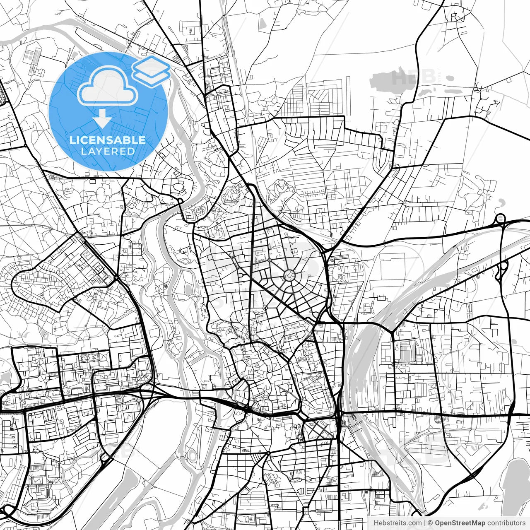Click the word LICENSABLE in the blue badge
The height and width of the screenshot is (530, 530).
108,140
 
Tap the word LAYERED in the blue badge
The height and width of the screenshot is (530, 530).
108,151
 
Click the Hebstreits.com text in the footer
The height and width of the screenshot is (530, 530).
397,523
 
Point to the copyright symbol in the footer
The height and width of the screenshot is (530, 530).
430,523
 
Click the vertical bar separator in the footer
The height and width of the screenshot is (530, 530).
425,523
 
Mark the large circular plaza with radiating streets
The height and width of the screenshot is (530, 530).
289,275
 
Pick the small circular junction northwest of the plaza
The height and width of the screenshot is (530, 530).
269,260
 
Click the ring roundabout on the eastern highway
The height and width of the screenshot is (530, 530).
500,218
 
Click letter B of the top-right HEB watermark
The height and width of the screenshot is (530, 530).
428,76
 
